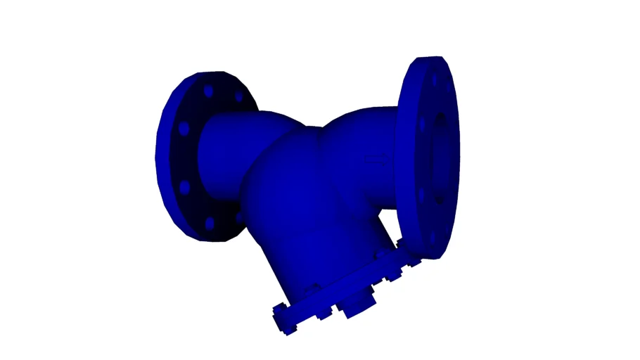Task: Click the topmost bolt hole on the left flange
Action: pyautogui.click(x=207, y=91)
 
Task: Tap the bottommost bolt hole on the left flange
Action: pyautogui.click(x=209, y=224)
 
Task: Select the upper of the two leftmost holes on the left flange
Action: pyautogui.click(x=184, y=129)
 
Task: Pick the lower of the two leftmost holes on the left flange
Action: pyautogui.click(x=184, y=188)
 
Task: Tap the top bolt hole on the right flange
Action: pyautogui.click(x=433, y=79)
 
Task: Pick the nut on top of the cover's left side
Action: pyautogui.click(x=314, y=288)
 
